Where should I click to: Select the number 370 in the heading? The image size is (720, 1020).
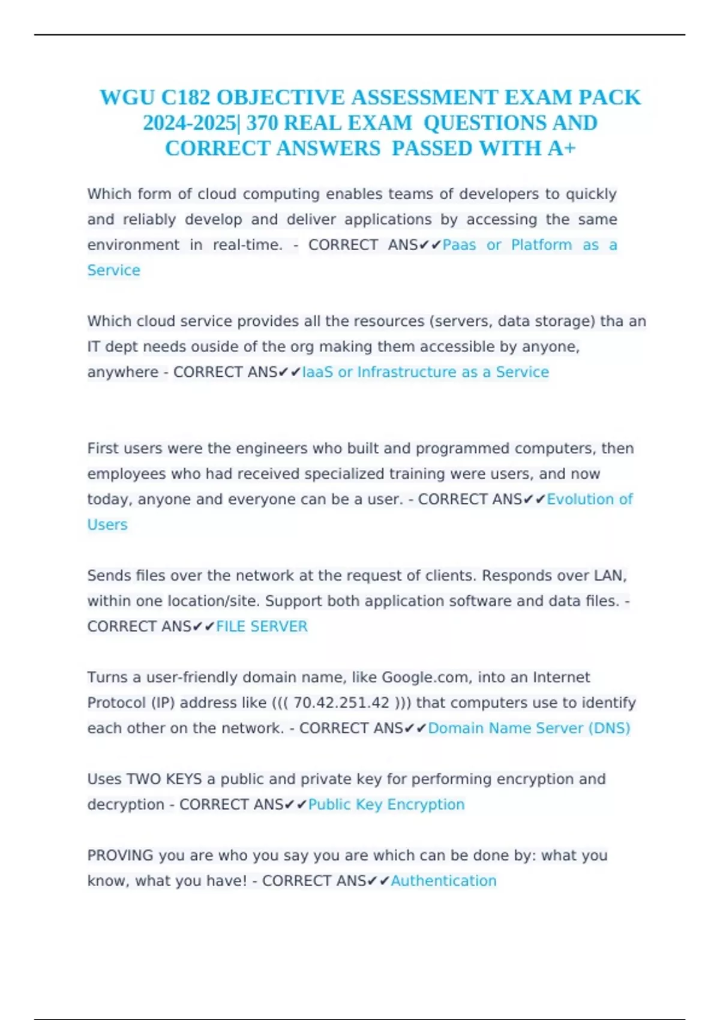pyautogui.click(x=262, y=123)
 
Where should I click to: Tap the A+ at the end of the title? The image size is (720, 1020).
pyautogui.click(x=562, y=148)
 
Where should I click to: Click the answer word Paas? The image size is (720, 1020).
pyautogui.click(x=460, y=245)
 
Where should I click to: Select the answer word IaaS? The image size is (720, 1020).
pyautogui.click(x=317, y=372)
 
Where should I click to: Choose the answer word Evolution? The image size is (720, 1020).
pyautogui.click(x=580, y=499)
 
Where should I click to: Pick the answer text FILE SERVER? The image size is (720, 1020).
pyautogui.click(x=262, y=626)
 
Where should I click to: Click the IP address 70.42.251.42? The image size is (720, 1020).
pyautogui.click(x=341, y=703)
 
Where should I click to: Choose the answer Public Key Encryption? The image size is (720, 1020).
pyautogui.click(x=386, y=804)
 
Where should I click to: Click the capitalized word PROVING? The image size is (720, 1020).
pyautogui.click(x=120, y=855)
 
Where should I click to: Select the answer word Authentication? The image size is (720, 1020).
pyautogui.click(x=443, y=881)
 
